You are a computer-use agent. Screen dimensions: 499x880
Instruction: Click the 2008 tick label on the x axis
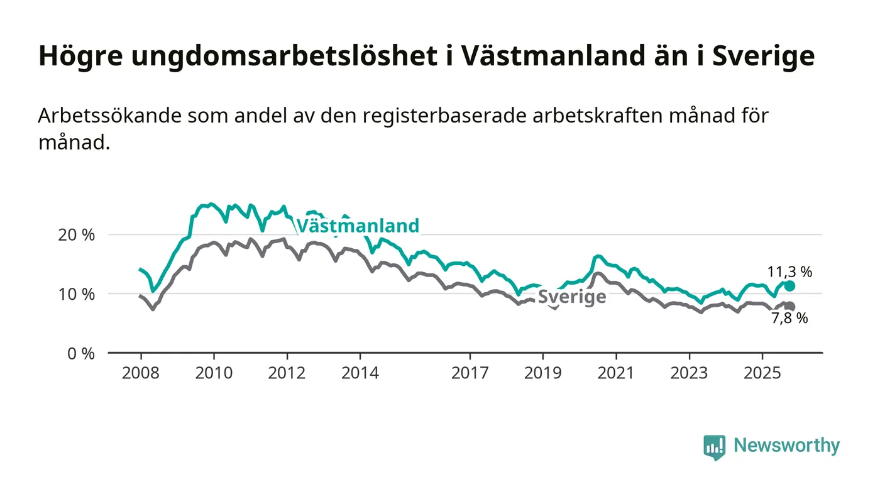coord(141,373)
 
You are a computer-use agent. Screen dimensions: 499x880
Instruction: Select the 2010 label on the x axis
coord(214,373)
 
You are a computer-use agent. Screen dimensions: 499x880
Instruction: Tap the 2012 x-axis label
coord(287,373)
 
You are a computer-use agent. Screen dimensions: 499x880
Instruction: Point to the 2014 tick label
coord(360,373)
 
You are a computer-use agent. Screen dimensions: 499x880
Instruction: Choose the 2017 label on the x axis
coord(470,373)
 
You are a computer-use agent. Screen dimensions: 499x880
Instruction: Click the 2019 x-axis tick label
coord(543,373)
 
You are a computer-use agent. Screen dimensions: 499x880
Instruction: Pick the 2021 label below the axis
coord(616,373)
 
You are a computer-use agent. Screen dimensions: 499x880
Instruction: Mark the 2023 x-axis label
coord(689,373)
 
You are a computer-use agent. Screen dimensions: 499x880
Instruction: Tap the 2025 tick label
coord(762,373)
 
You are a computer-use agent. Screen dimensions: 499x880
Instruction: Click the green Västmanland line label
coord(357,226)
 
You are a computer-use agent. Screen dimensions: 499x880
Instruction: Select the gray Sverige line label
coord(572,297)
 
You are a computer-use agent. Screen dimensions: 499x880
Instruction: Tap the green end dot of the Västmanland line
coord(789,286)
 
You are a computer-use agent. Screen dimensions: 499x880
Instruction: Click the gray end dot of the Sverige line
coord(789,307)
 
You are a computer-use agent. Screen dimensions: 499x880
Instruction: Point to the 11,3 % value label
coord(789,272)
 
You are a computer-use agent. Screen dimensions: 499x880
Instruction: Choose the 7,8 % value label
coord(789,319)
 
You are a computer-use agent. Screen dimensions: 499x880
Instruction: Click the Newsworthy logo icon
coord(714,447)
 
